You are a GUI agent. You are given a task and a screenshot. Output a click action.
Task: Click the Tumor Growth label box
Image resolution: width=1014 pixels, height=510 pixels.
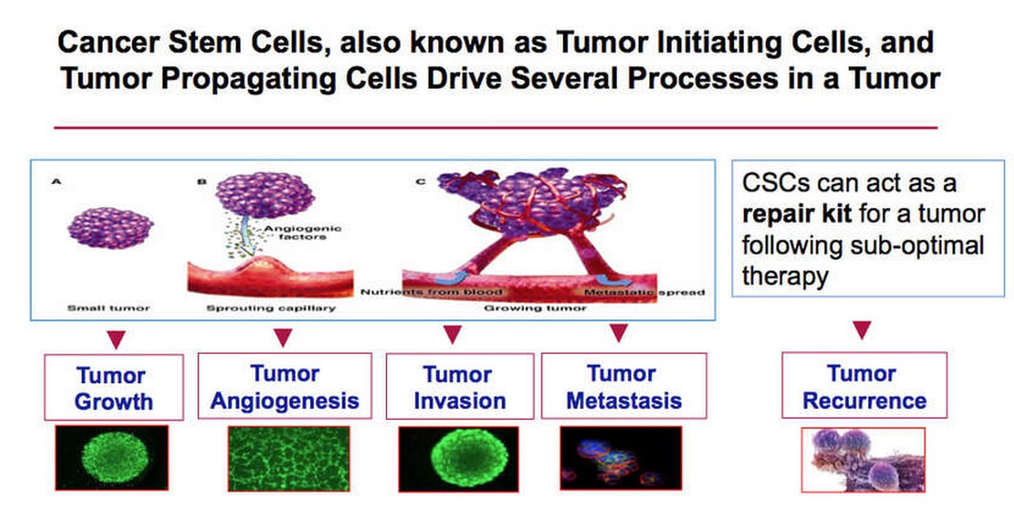pos(114,388)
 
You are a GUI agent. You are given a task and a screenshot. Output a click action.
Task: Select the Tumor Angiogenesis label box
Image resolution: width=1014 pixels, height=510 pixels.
pos(285,386)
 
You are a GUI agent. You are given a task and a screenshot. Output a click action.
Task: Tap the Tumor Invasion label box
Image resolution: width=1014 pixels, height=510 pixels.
pos(460,387)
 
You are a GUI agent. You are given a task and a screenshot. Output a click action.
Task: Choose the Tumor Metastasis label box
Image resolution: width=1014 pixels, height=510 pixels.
pos(624,386)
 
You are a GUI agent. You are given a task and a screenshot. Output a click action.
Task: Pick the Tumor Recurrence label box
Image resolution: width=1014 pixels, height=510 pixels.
pos(864,385)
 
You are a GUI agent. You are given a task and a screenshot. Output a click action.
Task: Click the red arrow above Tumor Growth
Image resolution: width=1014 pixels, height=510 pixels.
pos(116,339)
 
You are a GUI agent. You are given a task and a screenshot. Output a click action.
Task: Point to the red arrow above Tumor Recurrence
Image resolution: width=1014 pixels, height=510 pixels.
pos(862,330)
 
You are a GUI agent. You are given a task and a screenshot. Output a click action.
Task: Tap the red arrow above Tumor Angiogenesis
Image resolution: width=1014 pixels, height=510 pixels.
pos(283,337)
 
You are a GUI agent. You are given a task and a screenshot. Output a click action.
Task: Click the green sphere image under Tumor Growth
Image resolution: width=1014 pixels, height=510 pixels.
pos(112,457)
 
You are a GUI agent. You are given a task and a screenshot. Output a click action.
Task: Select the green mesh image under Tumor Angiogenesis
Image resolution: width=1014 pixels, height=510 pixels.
pos(289,458)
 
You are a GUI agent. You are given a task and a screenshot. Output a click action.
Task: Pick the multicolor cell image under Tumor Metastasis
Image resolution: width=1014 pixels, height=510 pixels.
pos(620,458)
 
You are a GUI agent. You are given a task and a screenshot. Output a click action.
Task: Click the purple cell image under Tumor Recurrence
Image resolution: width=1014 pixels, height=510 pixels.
pos(863,460)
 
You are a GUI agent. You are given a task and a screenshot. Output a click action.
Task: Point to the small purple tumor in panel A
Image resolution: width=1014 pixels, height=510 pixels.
pos(110,228)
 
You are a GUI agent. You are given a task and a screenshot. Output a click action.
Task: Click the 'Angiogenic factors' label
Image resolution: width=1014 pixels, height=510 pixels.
pos(302,233)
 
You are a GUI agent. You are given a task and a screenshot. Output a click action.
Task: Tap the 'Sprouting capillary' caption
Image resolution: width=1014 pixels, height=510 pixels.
pos(271,308)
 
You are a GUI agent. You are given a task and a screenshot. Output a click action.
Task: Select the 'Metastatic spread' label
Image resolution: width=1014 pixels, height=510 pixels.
pos(645,293)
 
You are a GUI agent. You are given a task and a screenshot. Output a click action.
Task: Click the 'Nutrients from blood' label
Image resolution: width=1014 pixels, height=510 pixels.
pos(431,292)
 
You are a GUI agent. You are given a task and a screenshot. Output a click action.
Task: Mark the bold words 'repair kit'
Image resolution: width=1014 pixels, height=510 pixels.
pos(796,214)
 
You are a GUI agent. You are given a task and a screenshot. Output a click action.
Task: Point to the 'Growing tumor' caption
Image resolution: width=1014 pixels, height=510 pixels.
pos(535,308)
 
